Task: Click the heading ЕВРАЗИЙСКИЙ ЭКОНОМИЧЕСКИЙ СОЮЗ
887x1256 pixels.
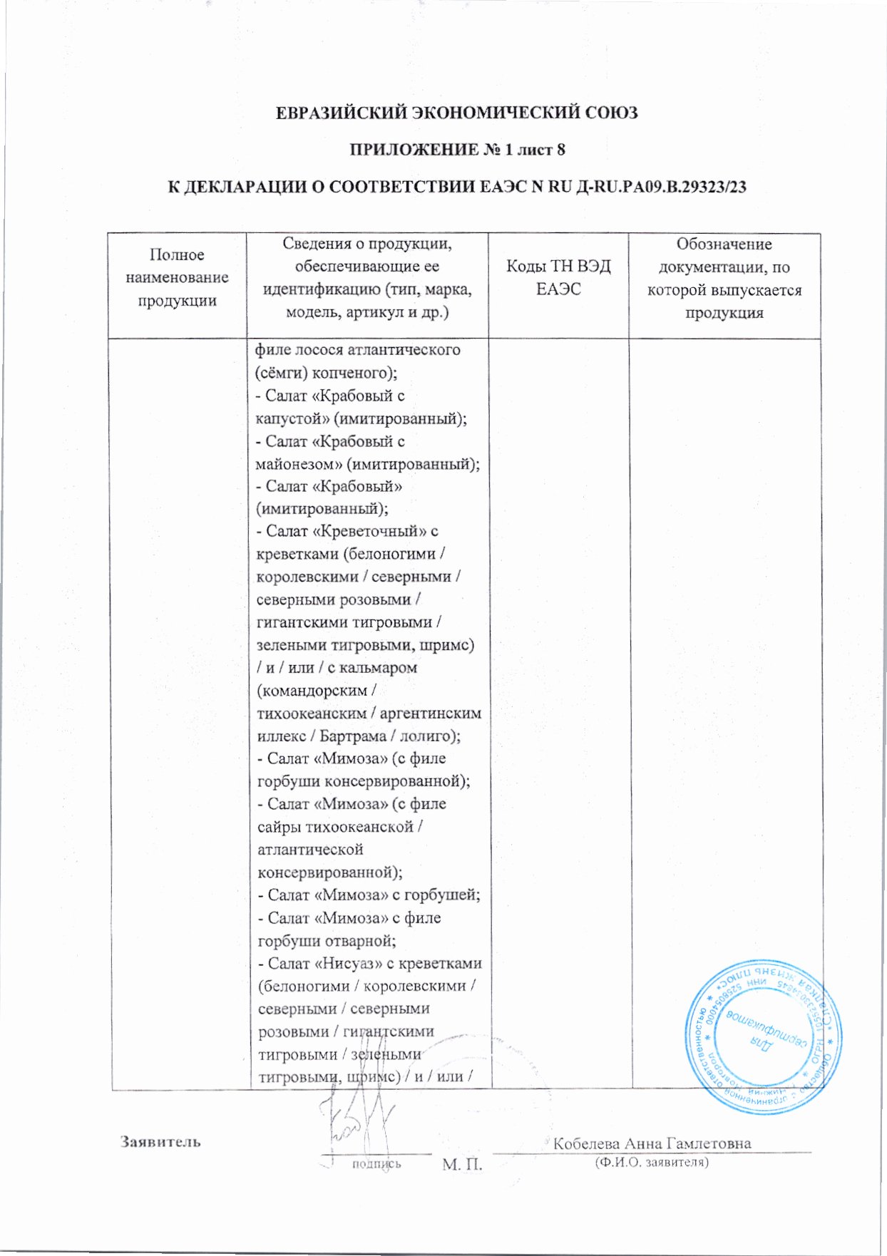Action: pyautogui.click(x=456, y=113)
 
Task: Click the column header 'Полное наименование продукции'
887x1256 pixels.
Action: pyautogui.click(x=177, y=277)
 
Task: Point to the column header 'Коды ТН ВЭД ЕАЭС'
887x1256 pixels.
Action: pyautogui.click(x=558, y=277)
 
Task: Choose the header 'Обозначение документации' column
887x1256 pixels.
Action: pyautogui.click(x=724, y=278)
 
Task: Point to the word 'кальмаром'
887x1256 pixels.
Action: pyautogui.click(x=378, y=668)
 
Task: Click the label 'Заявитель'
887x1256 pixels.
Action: pyautogui.click(x=160, y=1141)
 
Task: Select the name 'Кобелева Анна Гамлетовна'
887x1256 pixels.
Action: pyautogui.click(x=652, y=1143)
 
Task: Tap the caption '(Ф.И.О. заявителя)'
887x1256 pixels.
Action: pyautogui.click(x=651, y=1163)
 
